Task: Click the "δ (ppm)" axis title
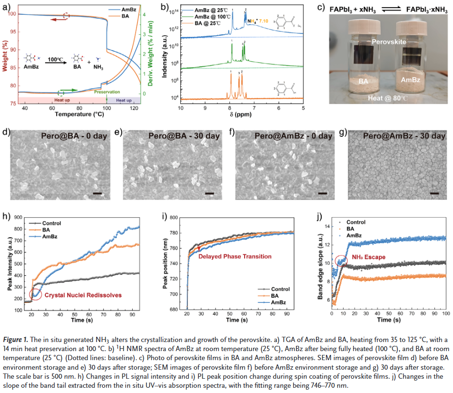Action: pyautogui.click(x=242, y=117)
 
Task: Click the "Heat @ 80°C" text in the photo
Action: pyautogui.click(x=389, y=99)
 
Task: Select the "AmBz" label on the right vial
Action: pyautogui.click(x=410, y=81)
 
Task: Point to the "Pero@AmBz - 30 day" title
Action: pyautogui.click(x=400, y=136)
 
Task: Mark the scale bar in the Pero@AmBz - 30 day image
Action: pyautogui.click(x=434, y=193)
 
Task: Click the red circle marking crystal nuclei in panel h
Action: pyautogui.click(x=35, y=294)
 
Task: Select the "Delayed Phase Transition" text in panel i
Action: pyautogui.click(x=235, y=256)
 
